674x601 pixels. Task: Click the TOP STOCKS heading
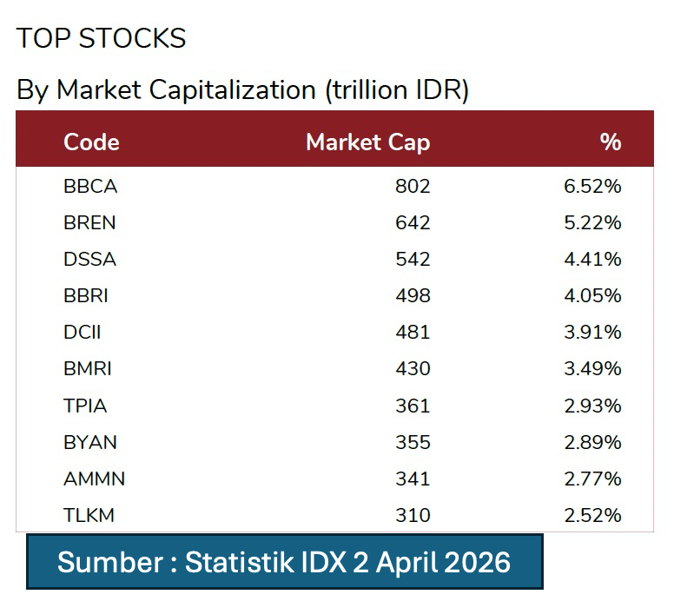(101, 39)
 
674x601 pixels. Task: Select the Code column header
(91, 142)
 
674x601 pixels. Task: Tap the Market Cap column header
(367, 142)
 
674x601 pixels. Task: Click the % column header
(611, 142)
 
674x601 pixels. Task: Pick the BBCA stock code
(90, 187)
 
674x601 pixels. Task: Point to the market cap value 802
(413, 187)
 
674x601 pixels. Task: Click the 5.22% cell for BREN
(592, 223)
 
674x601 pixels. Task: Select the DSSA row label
(89, 260)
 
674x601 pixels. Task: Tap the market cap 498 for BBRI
(413, 296)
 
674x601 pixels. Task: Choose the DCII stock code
(83, 333)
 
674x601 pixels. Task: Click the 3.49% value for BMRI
(592, 369)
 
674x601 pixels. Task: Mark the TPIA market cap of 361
(413, 406)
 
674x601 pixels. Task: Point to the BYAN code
(90, 442)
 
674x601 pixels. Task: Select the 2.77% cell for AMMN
(592, 479)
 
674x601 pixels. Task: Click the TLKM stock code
(89, 515)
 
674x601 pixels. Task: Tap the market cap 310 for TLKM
(413, 515)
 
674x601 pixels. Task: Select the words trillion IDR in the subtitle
(395, 90)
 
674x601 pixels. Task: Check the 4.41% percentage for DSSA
(592, 260)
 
